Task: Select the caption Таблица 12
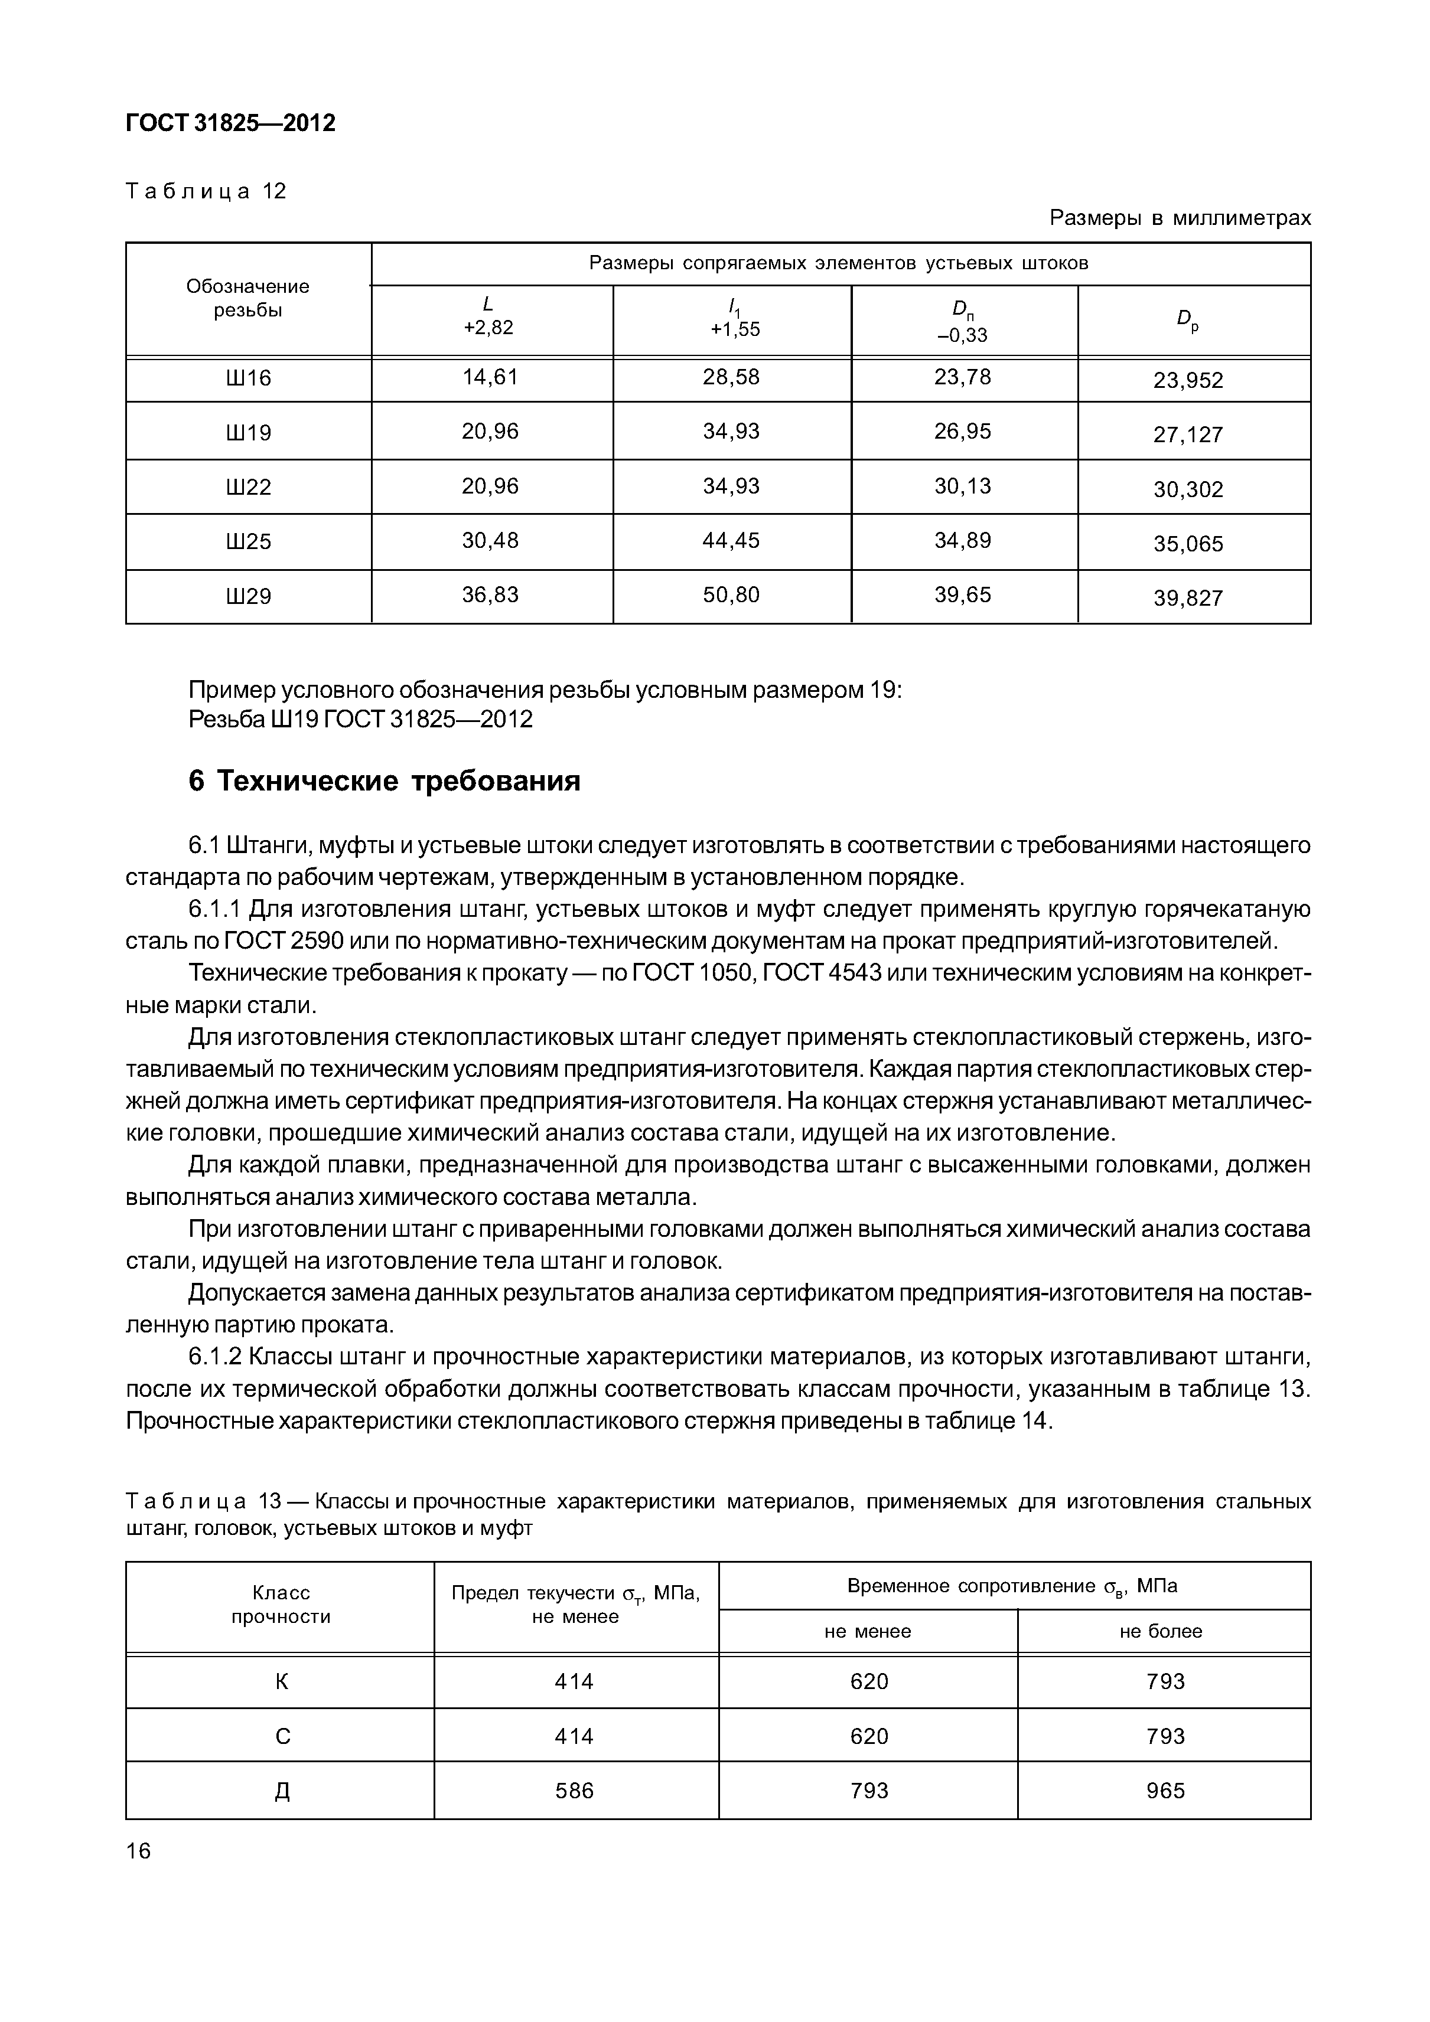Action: pos(206,191)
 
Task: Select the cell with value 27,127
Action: pos(1188,434)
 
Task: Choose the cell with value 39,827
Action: pos(1188,599)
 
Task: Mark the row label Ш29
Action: pos(249,597)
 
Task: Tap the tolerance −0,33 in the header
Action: pos(962,335)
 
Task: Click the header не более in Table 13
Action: pos(1161,1631)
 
